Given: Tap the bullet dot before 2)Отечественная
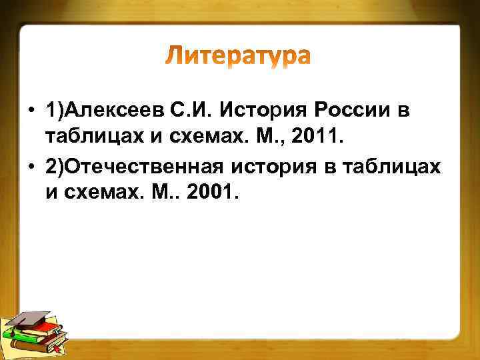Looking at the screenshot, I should point(32,166).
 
